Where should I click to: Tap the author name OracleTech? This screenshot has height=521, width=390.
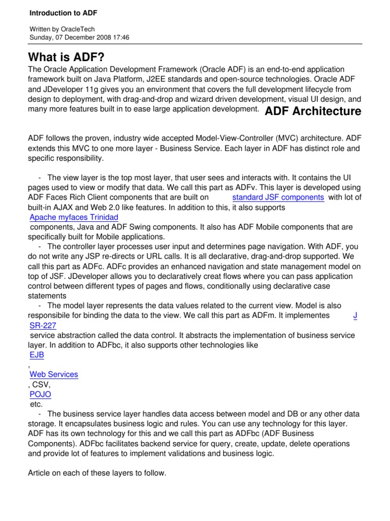pyautogui.click(x=77, y=30)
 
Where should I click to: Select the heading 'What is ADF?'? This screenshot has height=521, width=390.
pyautogui.click(x=70, y=56)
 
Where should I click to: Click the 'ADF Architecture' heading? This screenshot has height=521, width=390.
pyautogui.click(x=313, y=111)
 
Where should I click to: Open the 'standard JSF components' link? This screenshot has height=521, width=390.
pyautogui.click(x=278, y=197)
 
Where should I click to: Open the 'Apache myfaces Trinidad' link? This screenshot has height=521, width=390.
pyautogui.click(x=74, y=218)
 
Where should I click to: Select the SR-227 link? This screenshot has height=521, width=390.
pyautogui.click(x=43, y=325)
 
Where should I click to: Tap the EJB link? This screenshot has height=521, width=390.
pyautogui.click(x=37, y=355)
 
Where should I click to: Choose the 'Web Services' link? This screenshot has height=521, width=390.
pyautogui.click(x=54, y=374)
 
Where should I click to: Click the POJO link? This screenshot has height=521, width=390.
pyautogui.click(x=40, y=394)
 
